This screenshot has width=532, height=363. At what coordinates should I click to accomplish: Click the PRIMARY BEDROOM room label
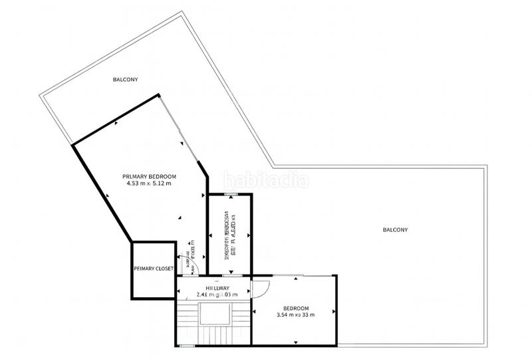(149, 176)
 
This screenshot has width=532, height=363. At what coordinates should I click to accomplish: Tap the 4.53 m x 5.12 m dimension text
(149, 183)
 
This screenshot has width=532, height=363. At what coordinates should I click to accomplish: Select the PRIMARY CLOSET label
(154, 269)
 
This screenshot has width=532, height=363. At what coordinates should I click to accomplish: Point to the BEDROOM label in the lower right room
(296, 308)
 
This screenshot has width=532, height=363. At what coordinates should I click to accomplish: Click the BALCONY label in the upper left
(124, 79)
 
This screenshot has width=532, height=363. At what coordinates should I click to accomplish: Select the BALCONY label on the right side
(395, 229)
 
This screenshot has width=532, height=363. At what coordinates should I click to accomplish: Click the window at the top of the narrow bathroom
(230, 193)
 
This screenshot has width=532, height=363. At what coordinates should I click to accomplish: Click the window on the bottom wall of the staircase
(188, 346)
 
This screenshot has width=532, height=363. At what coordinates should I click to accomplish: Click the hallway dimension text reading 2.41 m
(204, 294)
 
